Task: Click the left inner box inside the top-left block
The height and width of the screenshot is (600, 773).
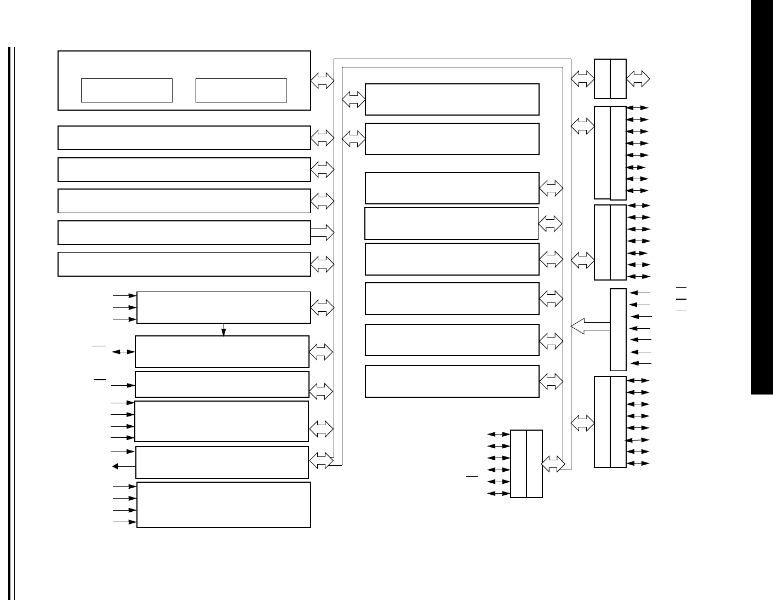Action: click(x=127, y=90)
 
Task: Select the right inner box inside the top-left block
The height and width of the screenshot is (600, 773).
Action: click(x=241, y=90)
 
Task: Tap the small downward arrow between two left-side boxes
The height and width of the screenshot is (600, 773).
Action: click(x=224, y=330)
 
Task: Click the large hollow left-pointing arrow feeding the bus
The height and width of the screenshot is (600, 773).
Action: click(x=590, y=327)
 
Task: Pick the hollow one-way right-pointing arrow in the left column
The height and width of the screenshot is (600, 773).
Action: click(x=322, y=232)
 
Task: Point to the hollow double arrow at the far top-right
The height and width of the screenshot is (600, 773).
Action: click(x=638, y=78)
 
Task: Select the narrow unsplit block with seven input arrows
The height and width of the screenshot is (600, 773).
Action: click(x=618, y=329)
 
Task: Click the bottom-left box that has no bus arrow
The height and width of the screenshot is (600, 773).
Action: click(x=224, y=505)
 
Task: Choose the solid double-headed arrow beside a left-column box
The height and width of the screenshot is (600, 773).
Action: click(x=123, y=352)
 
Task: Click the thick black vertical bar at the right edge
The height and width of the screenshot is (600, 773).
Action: click(x=761, y=197)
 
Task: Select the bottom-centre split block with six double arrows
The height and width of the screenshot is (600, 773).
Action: click(x=526, y=464)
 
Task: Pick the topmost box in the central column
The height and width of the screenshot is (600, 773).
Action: click(x=452, y=99)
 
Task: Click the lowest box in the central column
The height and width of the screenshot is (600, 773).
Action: click(x=452, y=381)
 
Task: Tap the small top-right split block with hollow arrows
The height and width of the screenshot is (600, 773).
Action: click(x=610, y=79)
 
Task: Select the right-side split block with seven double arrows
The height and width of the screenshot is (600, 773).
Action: click(x=610, y=242)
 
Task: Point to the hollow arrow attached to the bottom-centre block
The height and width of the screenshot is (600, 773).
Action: click(x=553, y=464)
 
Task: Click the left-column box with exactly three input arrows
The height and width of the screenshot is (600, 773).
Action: click(x=224, y=307)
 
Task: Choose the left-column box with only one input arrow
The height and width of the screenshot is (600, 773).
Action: click(x=222, y=385)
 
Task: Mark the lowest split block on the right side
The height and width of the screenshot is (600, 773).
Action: click(x=610, y=422)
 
